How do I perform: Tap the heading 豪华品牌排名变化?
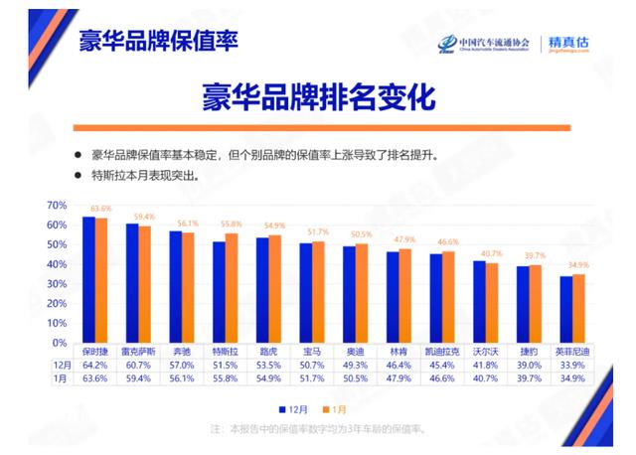[x=319, y=97]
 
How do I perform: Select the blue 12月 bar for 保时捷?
[x=88, y=278]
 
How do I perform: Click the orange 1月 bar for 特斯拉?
[x=232, y=287]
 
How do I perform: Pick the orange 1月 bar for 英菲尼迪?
[x=579, y=308]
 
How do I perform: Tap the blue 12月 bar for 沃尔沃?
[x=479, y=301]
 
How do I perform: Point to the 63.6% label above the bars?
[x=100, y=209]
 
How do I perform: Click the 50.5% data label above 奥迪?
[x=362, y=234]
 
